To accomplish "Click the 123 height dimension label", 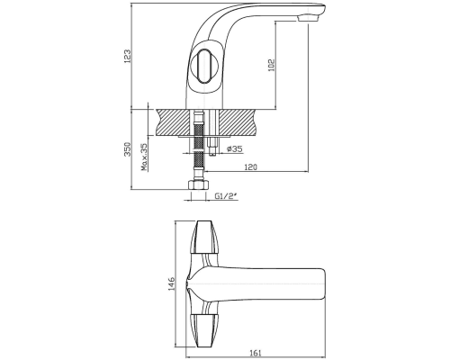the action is point(128,56).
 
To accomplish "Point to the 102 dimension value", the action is point(272,65).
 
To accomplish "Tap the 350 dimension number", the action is point(128,149).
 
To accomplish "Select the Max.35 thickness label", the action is point(145,157).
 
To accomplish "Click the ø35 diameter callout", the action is point(235,148).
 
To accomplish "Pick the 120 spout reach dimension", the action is point(251,166).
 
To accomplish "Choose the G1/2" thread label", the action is point(226,196).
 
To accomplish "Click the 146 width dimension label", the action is point(172,284).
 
